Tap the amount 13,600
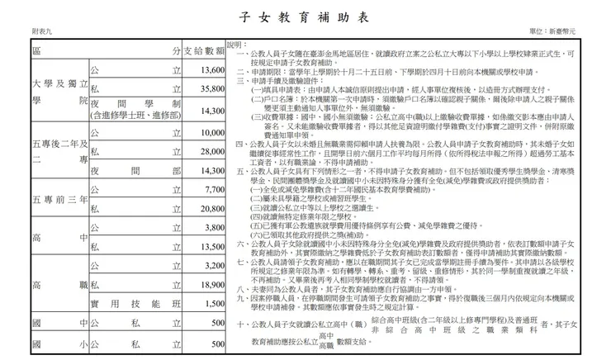coord(212,71)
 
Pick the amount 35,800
coord(212,88)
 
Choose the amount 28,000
coord(212,152)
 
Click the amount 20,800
coord(212,208)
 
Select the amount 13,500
coord(212,246)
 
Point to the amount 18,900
coord(212,284)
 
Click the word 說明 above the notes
coord(237,45)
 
